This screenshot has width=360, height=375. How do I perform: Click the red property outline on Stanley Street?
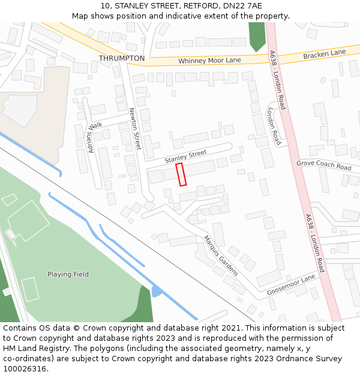181,174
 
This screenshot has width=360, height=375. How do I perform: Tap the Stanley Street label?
185,157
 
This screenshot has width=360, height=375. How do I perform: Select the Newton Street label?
135,128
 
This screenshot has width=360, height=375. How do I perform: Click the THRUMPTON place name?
122,58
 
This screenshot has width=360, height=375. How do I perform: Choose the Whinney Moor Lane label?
209,61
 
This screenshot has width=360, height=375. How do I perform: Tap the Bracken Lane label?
325,54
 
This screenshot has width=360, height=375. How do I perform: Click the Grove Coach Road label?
324,164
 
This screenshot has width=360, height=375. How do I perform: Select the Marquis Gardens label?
221,255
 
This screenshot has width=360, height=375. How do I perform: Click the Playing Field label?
68,274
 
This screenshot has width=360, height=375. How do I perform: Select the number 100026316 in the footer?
25,369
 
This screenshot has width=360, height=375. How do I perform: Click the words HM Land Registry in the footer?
34,349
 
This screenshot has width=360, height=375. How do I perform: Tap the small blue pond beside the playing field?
157,292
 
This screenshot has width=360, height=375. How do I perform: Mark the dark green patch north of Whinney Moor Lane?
257,36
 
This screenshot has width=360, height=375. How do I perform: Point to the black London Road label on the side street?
274,127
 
